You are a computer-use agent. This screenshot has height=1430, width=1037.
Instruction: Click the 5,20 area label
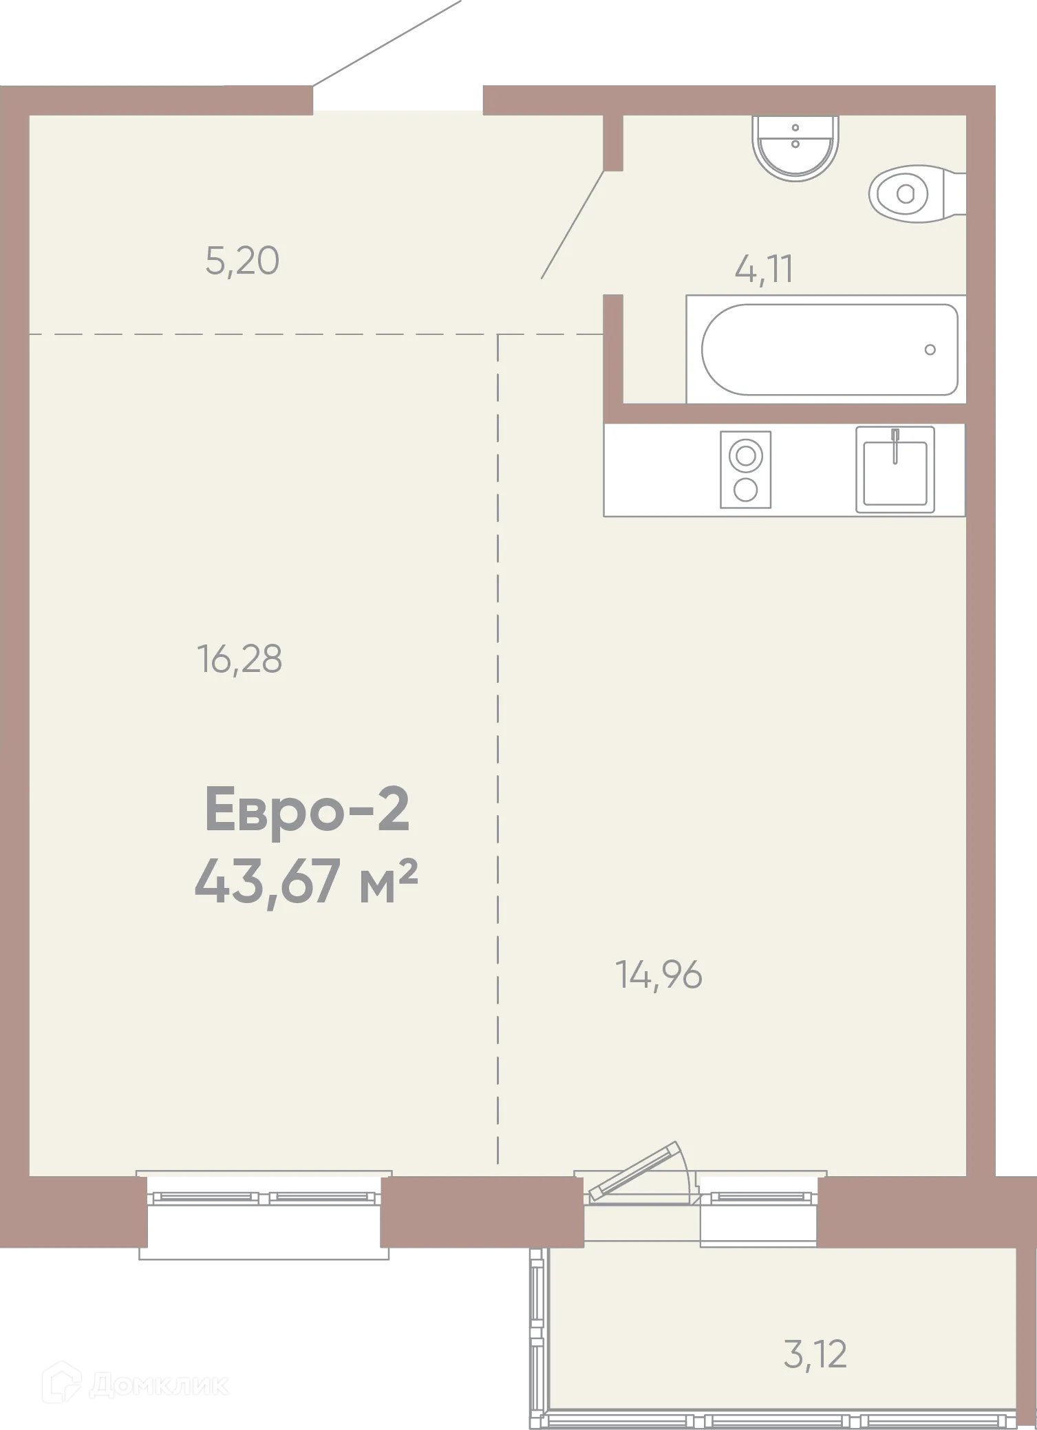pyautogui.click(x=242, y=262)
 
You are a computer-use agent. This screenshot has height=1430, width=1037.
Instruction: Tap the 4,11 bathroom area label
pyautogui.click(x=764, y=269)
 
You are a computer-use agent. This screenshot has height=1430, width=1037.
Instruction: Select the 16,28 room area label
pyautogui.click(x=239, y=659)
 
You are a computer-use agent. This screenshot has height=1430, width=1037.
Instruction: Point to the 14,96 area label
pyautogui.click(x=659, y=975)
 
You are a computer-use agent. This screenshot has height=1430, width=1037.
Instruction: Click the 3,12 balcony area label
pyautogui.click(x=815, y=1354)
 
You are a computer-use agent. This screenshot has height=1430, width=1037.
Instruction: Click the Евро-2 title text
pyautogui.click(x=307, y=812)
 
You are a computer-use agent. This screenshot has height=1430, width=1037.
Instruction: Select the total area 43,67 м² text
pyautogui.click(x=307, y=884)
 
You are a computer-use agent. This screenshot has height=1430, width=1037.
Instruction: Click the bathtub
pyautogui.click(x=829, y=349)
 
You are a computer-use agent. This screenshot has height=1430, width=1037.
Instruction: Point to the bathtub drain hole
pyautogui.click(x=930, y=350)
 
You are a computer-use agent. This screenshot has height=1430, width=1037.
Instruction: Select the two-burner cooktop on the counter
pyautogui.click(x=745, y=470)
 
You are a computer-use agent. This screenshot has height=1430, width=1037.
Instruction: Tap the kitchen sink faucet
pyautogui.click(x=895, y=444)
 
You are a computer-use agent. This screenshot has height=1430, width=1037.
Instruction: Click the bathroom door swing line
pyautogui.click(x=573, y=224)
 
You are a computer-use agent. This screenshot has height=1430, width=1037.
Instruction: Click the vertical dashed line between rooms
pyautogui.click(x=498, y=688)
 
